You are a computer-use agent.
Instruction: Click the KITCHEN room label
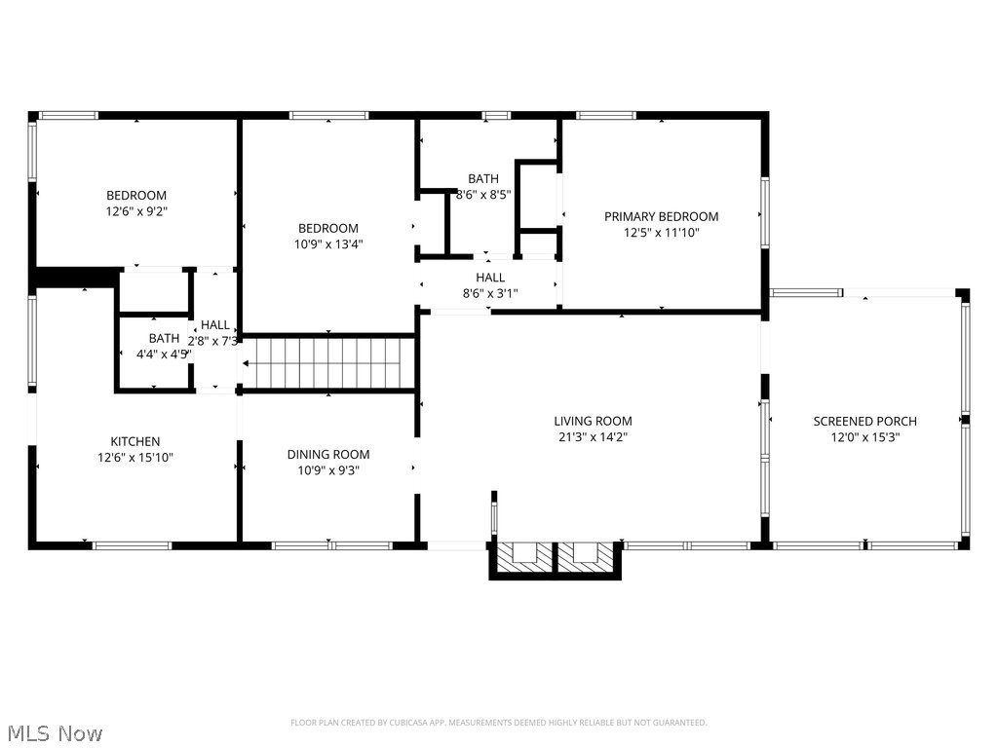click(x=135, y=441)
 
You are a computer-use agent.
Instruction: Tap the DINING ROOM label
click(x=328, y=454)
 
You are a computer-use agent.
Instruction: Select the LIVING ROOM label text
click(x=593, y=421)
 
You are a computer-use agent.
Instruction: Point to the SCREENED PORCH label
click(x=864, y=421)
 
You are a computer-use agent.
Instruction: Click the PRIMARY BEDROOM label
click(x=661, y=216)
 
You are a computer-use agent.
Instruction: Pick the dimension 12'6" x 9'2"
click(x=135, y=210)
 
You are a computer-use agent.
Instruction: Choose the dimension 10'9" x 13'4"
click(x=328, y=243)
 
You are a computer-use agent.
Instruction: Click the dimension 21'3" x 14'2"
click(x=593, y=436)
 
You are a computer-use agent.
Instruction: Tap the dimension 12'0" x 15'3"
click(x=864, y=436)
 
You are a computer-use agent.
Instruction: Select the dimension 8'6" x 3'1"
click(x=490, y=292)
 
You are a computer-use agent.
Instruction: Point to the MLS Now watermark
click(x=54, y=732)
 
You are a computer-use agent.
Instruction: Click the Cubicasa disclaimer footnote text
click(x=498, y=723)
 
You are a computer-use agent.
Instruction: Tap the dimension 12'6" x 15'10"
click(x=135, y=457)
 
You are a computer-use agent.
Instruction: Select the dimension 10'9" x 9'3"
click(x=328, y=469)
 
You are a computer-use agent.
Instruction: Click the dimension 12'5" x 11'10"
click(x=661, y=232)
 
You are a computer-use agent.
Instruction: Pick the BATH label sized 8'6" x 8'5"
click(x=482, y=178)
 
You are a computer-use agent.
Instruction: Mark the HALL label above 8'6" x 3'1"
click(x=490, y=278)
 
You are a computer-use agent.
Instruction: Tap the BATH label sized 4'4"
click(x=164, y=339)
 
